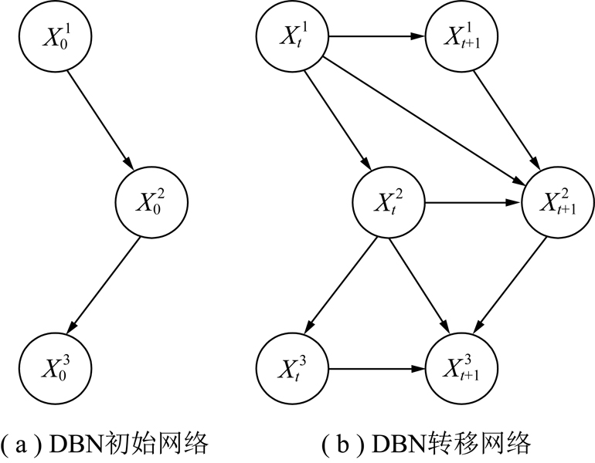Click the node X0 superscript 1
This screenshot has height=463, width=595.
56,35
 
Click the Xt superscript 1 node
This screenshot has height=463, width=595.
293,35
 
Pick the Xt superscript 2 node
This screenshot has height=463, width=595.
388,204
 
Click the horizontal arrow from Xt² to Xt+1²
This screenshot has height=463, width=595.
473,204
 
